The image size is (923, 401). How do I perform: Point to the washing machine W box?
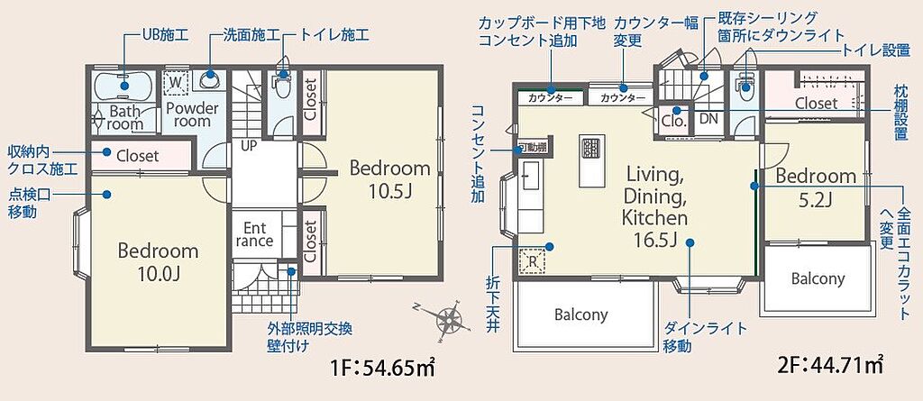point(175,83)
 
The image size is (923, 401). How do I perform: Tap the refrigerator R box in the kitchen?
point(532,260)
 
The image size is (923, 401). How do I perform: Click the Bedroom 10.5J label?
point(389,179)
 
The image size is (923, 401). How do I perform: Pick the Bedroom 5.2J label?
point(815,187)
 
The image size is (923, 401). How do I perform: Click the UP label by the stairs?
point(249,145)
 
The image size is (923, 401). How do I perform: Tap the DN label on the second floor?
point(708,118)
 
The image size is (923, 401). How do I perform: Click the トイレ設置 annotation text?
point(876,50)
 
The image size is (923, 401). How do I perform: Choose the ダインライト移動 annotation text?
point(705,337)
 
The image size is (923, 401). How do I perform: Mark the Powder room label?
point(192,114)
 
